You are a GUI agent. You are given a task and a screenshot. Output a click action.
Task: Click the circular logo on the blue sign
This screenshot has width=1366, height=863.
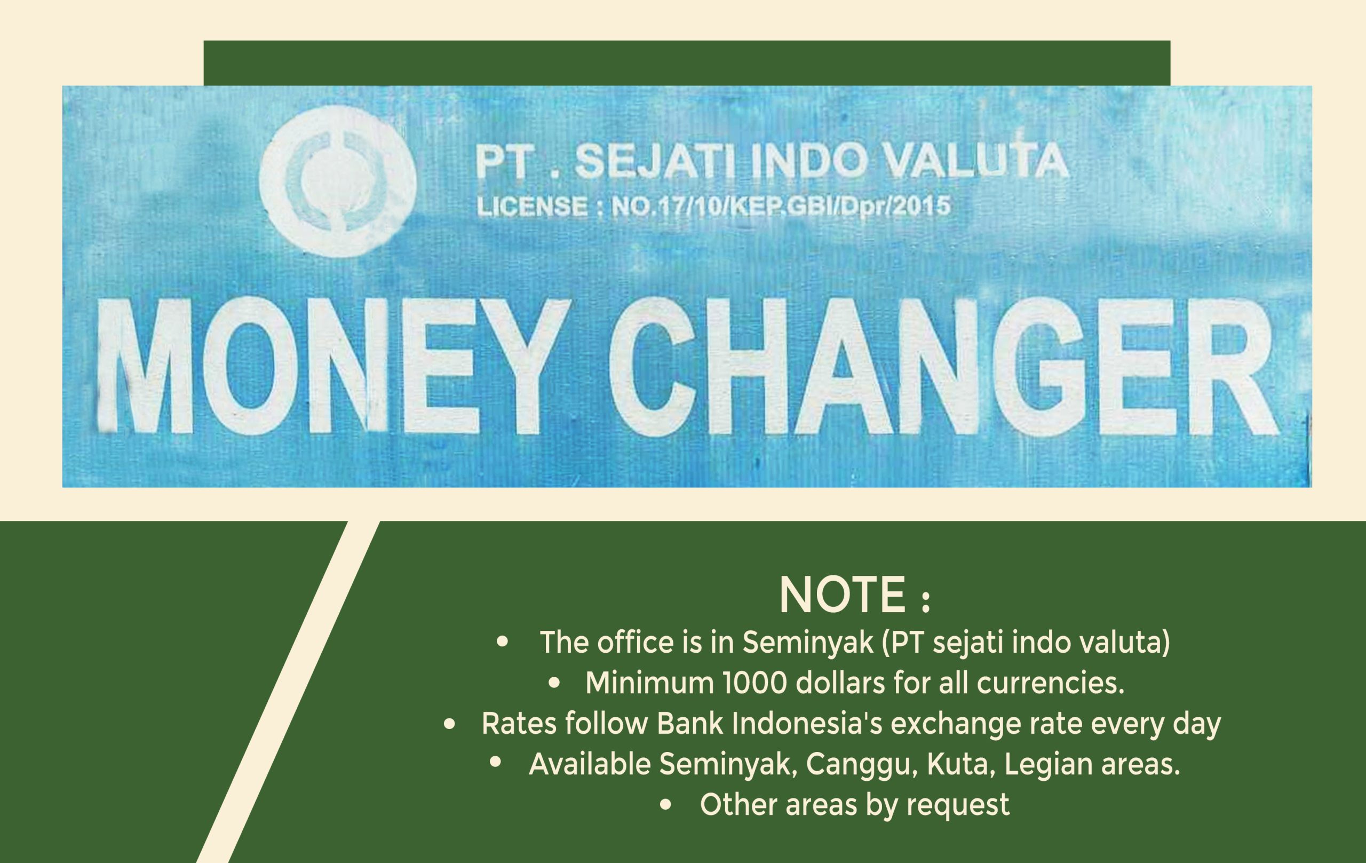[338, 181]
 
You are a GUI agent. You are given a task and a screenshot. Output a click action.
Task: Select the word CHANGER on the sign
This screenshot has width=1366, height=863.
[944, 367]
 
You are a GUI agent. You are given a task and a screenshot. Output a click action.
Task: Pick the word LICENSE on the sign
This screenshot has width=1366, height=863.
[532, 206]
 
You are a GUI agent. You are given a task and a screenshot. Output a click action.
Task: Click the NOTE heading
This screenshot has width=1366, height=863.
[855, 595]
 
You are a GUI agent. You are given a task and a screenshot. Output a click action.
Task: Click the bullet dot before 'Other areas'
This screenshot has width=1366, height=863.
[666, 805]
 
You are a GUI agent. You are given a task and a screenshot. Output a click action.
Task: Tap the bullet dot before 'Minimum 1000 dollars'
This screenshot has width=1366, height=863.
[554, 683]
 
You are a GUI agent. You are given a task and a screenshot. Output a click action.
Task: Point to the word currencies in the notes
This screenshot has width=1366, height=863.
[1051, 683]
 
